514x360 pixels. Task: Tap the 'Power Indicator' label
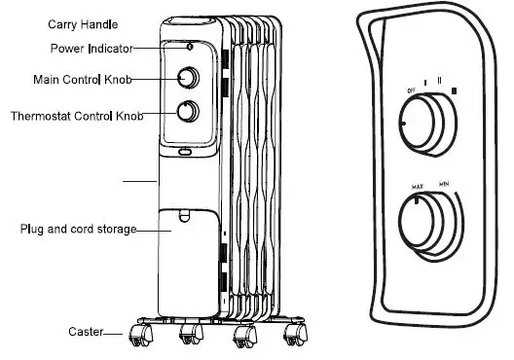coord(86,48)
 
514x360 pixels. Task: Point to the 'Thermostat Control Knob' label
coord(76,116)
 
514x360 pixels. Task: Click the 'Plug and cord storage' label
coord(78,230)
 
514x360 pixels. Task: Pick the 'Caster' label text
coord(85,332)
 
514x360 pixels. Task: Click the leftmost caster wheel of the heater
coord(140,335)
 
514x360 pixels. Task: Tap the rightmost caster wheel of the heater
coord(291,336)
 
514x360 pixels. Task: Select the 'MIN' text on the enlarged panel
coord(443,183)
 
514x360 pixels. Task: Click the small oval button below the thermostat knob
coord(185,151)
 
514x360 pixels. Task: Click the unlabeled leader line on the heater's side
coord(139,181)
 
